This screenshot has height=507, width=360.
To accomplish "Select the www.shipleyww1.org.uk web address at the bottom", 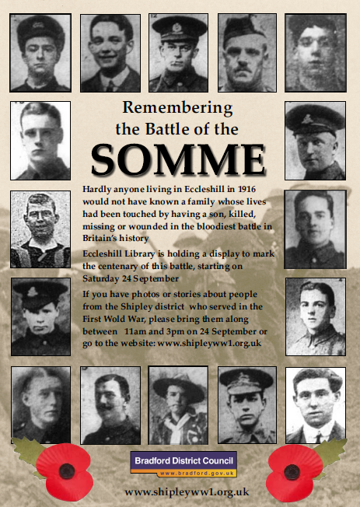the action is click(187, 491).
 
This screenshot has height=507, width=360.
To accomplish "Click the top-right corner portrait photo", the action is click(316, 51).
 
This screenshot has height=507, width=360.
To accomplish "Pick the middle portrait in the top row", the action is click(180, 51).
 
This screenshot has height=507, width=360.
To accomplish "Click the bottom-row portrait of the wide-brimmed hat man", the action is click(179, 405).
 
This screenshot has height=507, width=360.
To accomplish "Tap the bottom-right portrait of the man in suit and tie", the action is click(315, 405).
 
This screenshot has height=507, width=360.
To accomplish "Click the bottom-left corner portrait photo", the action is click(41, 405).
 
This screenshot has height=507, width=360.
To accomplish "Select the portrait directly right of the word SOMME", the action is click(315, 140).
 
